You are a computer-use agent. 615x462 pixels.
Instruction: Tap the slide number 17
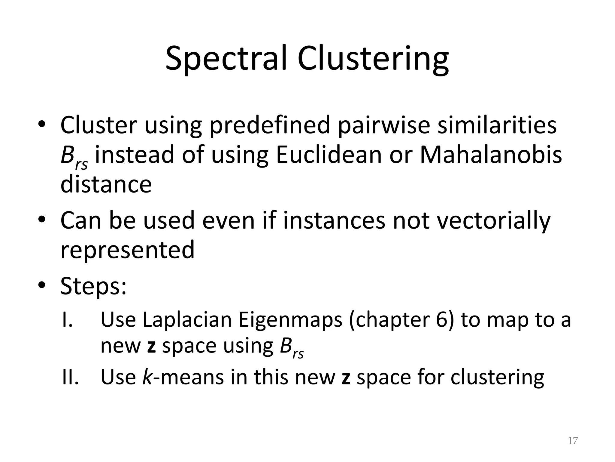[573, 441]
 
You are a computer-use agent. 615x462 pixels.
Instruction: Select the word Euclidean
[329, 155]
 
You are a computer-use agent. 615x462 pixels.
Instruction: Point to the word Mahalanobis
[490, 155]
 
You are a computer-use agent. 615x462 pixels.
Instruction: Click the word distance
[106, 184]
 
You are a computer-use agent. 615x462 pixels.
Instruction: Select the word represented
[127, 250]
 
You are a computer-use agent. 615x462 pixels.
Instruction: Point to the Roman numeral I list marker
[67, 319]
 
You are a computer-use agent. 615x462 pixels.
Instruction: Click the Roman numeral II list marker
[70, 377]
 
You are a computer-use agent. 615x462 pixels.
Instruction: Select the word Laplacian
[187, 319]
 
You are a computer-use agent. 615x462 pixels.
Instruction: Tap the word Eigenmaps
[290, 320]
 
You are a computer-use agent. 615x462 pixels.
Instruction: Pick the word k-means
[183, 377]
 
